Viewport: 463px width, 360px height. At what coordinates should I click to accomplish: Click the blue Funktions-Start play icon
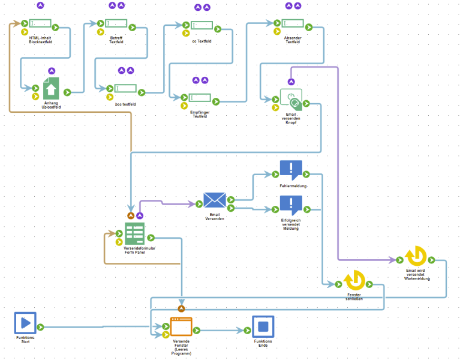pos(25,323)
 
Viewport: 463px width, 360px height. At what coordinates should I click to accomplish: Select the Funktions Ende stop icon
pos(263,327)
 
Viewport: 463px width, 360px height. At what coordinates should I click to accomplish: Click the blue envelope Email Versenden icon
pos(214,200)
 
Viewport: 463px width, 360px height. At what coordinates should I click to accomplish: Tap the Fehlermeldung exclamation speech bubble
pos(291,170)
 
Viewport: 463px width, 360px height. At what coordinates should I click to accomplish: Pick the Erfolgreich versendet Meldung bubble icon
pos(291,205)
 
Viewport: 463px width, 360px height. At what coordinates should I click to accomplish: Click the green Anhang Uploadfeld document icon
pos(51,89)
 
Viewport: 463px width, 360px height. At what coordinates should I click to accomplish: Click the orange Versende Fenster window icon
pos(181,327)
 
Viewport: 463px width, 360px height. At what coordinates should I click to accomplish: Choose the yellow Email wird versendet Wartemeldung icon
pos(416,256)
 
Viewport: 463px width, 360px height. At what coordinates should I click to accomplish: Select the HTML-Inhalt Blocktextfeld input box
pos(41,23)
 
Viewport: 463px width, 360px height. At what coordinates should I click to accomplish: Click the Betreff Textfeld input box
pos(116,23)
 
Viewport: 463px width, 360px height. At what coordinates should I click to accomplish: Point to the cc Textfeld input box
pos(202,26)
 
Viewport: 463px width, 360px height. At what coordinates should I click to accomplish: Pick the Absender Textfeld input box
pos(293,23)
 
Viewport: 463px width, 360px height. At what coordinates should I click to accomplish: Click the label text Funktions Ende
pos(263,343)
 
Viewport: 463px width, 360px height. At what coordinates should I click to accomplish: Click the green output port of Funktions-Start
pos(41,327)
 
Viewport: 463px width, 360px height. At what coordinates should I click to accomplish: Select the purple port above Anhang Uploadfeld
pos(51,71)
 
